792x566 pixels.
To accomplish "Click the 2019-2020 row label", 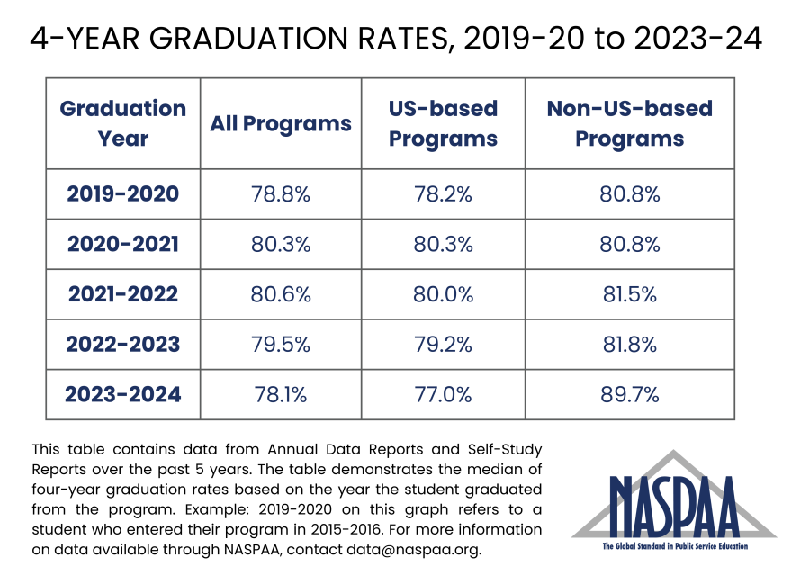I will click(x=122, y=193).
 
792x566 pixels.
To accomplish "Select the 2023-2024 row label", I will click(x=122, y=394).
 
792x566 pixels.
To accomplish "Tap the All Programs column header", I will click(x=281, y=124).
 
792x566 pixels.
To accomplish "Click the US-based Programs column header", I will click(x=443, y=124).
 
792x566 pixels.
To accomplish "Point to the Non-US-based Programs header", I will click(x=629, y=124).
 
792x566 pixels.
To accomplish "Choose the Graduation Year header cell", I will click(x=122, y=124).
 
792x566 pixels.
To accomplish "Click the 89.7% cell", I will click(x=629, y=394).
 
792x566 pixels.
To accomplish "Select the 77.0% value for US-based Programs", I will click(x=443, y=394).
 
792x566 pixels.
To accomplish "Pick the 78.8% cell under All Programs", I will click(x=281, y=193).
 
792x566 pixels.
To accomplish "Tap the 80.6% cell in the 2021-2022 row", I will click(x=281, y=294).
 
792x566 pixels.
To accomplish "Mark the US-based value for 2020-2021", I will click(x=443, y=244).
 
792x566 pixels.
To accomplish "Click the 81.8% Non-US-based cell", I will click(x=629, y=344).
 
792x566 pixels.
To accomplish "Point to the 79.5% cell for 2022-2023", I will click(x=281, y=344).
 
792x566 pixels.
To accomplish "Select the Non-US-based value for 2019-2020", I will click(x=629, y=193).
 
